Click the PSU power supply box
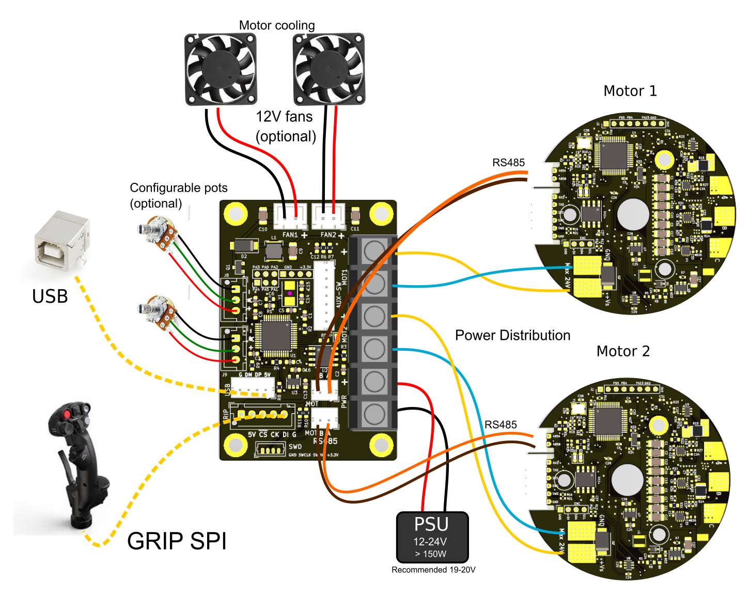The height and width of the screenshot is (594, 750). (x=432, y=537)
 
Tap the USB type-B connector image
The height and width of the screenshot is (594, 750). (x=61, y=241)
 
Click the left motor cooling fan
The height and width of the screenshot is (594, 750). (x=221, y=69)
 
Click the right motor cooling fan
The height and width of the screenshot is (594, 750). (x=329, y=69)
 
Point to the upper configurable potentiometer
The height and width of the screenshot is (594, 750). (x=159, y=231)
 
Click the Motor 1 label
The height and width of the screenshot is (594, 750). (x=630, y=91)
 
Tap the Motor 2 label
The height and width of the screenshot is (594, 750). (x=623, y=352)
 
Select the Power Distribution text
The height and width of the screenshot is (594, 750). (x=512, y=336)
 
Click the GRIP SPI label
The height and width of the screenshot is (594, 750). (x=177, y=541)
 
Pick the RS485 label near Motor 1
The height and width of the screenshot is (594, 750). (x=508, y=163)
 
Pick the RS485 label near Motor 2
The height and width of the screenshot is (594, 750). (x=501, y=425)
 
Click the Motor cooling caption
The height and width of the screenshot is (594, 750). (x=277, y=25)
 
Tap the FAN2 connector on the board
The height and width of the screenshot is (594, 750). (x=329, y=216)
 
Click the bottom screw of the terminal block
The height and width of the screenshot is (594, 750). (x=374, y=414)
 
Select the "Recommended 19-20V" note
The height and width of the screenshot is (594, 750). (x=433, y=570)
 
